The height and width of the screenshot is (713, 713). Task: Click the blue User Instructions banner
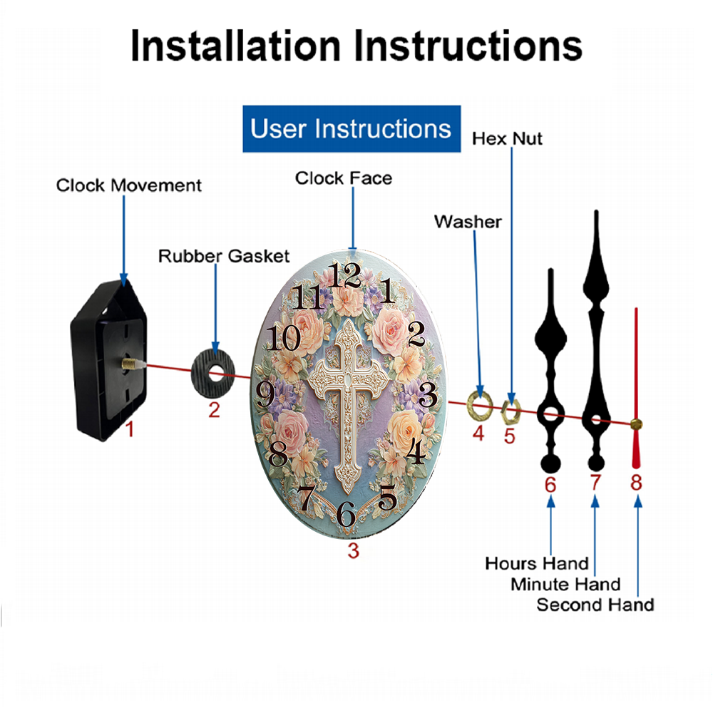tap(352, 128)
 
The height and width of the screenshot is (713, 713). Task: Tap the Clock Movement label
tap(128, 185)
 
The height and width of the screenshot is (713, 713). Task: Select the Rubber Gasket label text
tap(224, 256)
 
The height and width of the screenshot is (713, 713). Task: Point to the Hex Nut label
tap(507, 139)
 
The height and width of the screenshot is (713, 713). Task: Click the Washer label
tap(468, 222)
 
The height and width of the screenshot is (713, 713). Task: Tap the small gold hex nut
tap(511, 411)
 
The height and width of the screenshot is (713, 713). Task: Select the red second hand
tap(636, 389)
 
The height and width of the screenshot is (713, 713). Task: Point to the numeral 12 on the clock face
tap(344, 275)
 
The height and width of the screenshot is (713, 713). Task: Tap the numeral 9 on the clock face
tap(265, 394)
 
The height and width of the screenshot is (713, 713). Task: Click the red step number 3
tap(354, 550)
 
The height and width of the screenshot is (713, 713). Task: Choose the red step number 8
tap(636, 482)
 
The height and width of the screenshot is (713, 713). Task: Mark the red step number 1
tap(130, 429)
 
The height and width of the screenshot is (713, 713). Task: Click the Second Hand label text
tap(595, 605)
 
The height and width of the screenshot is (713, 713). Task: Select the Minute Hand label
tap(565, 585)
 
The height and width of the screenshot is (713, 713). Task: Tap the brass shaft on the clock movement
tap(130, 363)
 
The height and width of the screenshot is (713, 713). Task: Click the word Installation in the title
tap(235, 46)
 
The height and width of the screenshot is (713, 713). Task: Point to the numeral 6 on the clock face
tap(346, 513)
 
